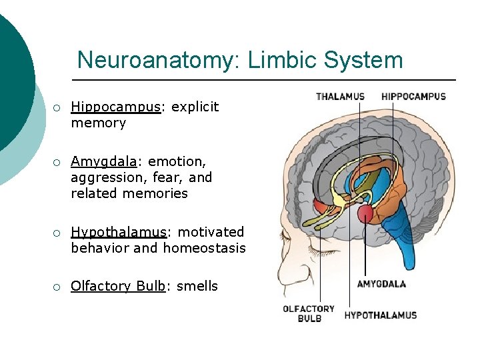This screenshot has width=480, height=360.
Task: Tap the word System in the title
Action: [x=363, y=60]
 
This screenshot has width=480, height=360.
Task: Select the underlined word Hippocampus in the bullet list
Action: [x=115, y=107]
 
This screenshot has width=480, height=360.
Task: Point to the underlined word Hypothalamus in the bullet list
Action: [x=118, y=232]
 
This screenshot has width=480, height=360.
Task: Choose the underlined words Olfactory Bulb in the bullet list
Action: [x=118, y=286]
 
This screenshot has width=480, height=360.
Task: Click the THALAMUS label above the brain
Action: [x=340, y=97]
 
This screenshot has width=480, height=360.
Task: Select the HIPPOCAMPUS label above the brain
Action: [x=413, y=97]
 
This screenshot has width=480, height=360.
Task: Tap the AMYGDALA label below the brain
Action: [x=381, y=284]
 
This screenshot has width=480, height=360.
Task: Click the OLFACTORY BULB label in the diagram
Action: [x=309, y=313]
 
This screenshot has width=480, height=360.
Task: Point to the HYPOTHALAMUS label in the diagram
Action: [x=380, y=315]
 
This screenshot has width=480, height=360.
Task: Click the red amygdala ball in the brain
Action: [x=365, y=213]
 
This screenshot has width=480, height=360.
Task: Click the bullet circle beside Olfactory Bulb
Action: [x=58, y=287]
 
